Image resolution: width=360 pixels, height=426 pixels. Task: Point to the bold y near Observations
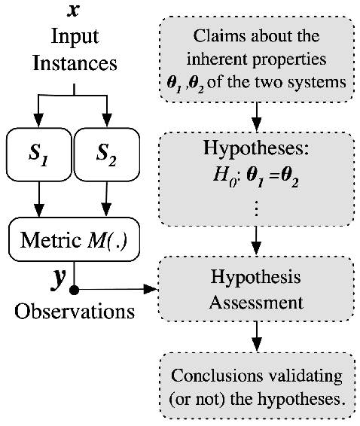(x=56, y=281)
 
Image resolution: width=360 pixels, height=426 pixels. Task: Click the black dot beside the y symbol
(x=73, y=289)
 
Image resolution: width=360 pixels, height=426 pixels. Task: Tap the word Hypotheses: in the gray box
(x=258, y=148)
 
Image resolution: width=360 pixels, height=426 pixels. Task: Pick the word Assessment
(x=258, y=303)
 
